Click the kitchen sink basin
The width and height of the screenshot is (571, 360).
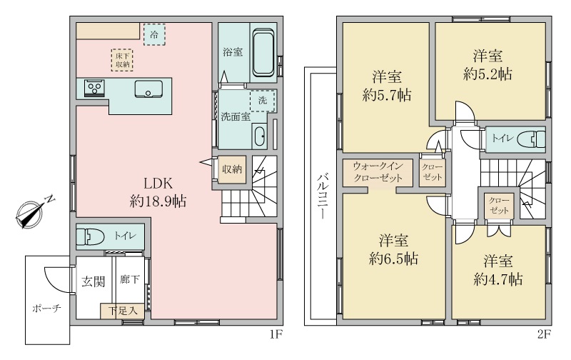(x=149, y=89)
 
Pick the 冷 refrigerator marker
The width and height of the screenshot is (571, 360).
(x=153, y=34)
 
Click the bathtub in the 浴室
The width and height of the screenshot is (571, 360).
(x=263, y=52)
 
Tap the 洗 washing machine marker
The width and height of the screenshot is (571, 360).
(x=262, y=101)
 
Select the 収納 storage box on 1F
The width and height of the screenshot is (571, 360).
(x=231, y=170)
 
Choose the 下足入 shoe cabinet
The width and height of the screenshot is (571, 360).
(x=118, y=311)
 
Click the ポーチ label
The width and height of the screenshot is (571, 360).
(x=46, y=309)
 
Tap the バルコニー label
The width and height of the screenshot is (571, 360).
(x=321, y=194)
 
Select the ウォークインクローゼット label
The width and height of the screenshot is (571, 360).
(x=378, y=171)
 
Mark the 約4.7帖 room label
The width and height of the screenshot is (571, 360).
(x=497, y=270)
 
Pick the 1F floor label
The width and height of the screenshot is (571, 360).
(x=276, y=331)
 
